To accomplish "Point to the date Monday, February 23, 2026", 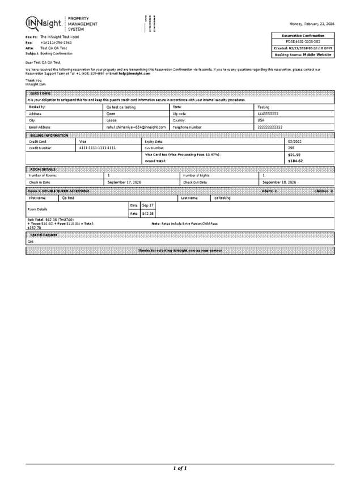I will pyautogui.click(x=311, y=24).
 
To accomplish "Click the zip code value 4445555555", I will pyautogui.click(x=268, y=113).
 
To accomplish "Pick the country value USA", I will pyautogui.click(x=261, y=120).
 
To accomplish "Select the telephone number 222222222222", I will pyautogui.click(x=270, y=128).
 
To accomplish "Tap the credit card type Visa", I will pyautogui.click(x=83, y=141).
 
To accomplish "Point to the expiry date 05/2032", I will pyautogui.click(x=295, y=141).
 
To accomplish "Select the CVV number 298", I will pyautogui.click(x=291, y=147).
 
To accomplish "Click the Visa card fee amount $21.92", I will pyautogui.click(x=294, y=154).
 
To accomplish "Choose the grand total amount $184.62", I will pyautogui.click(x=295, y=161).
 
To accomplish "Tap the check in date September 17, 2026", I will pyautogui.click(x=124, y=182).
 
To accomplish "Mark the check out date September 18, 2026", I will pyautogui.click(x=279, y=182).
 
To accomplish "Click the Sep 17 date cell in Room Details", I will pyautogui.click(x=147, y=205).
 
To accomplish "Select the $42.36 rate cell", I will pyautogui.click(x=147, y=213).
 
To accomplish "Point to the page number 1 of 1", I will pyautogui.click(x=180, y=468).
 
